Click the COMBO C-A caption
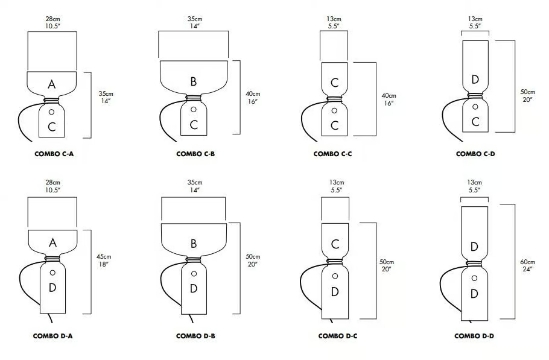click(x=54, y=154)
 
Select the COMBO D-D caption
click(x=474, y=336)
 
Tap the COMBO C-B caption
click(x=195, y=154)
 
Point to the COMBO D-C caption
click(x=337, y=336)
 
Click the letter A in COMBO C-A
click(x=51, y=84)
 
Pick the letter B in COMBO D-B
click(x=193, y=244)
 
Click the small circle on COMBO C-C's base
click(x=334, y=110)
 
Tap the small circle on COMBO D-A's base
click(x=52, y=273)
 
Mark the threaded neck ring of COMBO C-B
click(x=193, y=98)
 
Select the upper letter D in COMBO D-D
click(x=474, y=247)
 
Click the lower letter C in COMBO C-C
click(x=334, y=125)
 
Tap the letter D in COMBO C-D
click(x=475, y=80)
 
